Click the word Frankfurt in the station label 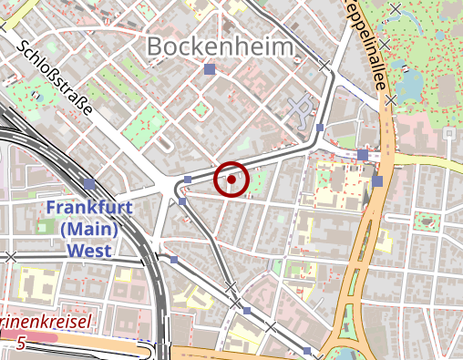point(89,208)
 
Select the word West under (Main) point(89,250)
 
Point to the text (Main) point(89,229)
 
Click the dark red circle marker point(231,180)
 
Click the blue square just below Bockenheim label point(210,69)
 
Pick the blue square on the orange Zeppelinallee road point(377,181)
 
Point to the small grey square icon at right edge point(448,133)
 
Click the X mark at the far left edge point(11,258)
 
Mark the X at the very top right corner point(395,9)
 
